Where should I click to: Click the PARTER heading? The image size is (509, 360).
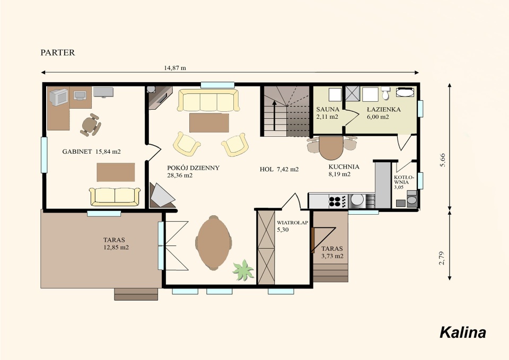58,52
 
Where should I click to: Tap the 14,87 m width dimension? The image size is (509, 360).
175,68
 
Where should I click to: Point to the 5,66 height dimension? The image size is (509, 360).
442,160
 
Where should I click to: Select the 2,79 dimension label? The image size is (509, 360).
442,258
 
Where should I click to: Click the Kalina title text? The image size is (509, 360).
462,333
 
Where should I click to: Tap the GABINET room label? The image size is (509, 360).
77,151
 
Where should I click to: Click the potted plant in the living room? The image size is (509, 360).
243,270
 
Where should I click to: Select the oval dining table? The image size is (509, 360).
214,243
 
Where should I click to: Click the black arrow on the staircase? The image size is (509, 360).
274,115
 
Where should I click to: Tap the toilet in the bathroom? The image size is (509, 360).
385,92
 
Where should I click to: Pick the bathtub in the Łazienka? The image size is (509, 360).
405,92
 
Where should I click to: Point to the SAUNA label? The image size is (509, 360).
328,109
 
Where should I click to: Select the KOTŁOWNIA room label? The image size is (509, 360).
403,180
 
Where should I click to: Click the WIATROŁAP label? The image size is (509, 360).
292,223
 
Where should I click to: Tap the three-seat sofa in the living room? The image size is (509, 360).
208,100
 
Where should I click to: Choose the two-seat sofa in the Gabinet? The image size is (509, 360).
115,197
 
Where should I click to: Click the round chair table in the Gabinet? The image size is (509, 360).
90,124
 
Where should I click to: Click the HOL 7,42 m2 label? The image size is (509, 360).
279,169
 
